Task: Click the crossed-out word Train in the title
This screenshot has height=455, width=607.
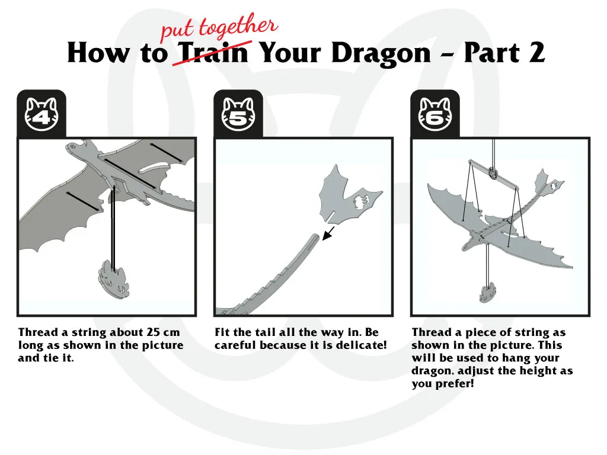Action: [213, 53]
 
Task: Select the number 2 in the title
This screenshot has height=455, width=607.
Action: [536, 52]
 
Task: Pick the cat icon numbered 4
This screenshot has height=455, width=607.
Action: [41, 114]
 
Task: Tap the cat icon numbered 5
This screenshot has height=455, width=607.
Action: [238, 114]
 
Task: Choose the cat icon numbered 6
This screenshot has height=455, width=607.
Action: [435, 114]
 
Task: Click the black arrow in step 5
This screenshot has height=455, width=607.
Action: [328, 233]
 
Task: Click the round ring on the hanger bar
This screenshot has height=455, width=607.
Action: [494, 172]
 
